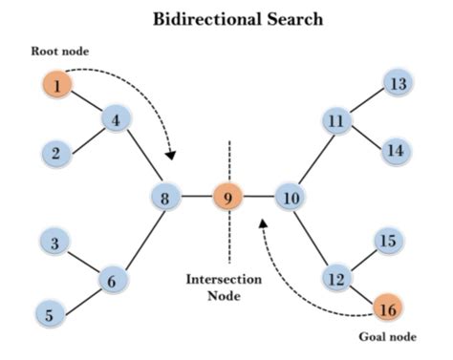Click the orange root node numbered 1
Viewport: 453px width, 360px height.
tap(56, 86)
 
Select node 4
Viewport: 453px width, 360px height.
tap(115, 120)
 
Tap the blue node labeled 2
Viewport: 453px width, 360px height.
tap(56, 152)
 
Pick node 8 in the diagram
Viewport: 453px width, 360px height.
tap(164, 198)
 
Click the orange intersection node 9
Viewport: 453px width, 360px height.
tap(227, 198)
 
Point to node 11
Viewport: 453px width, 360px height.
tap(335, 122)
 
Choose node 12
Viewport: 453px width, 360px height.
tap(335, 279)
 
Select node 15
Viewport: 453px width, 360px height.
tap(387, 242)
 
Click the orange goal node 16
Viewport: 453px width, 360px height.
tap(387, 309)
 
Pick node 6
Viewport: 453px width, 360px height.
tap(112, 281)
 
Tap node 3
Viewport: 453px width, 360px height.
tap(56, 244)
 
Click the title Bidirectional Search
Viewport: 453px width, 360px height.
tap(226, 19)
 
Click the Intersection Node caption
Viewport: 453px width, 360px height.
tap(227, 287)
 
